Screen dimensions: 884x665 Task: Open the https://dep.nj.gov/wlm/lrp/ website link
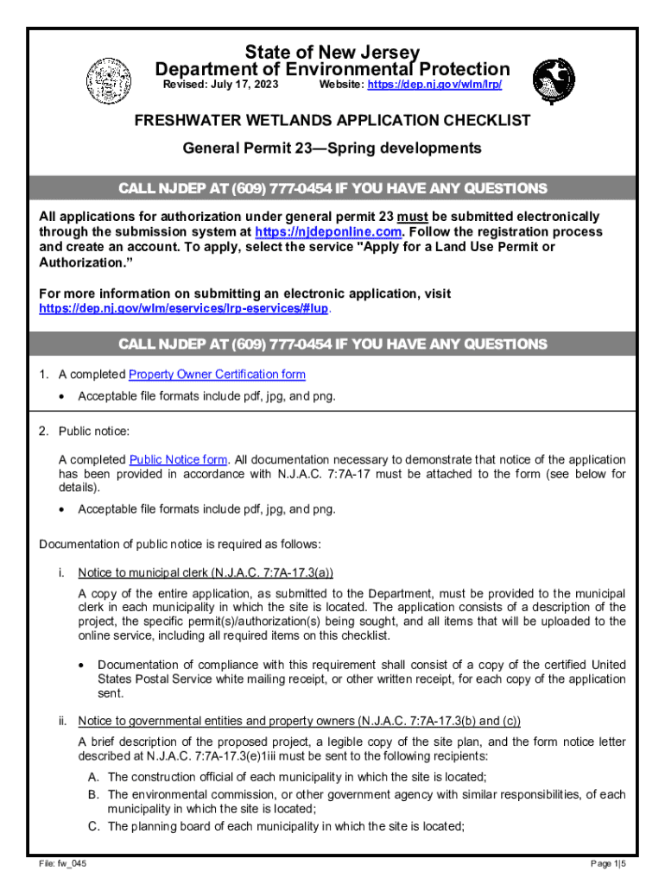coord(434,85)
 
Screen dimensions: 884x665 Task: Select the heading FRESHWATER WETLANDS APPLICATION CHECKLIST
coord(332,121)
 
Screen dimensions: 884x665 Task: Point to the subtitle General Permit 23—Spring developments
coord(332,148)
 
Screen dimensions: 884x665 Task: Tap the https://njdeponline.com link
coord(329,232)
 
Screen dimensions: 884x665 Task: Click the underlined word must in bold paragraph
coord(414,217)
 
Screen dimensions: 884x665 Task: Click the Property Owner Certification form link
coord(217,375)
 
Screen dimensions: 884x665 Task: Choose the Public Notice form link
coord(179,460)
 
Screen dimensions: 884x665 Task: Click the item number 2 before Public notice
coord(44,432)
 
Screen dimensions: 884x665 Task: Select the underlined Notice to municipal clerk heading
coord(206,573)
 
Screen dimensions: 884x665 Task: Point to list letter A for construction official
coord(93,777)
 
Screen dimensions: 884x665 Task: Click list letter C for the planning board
coord(93,826)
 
